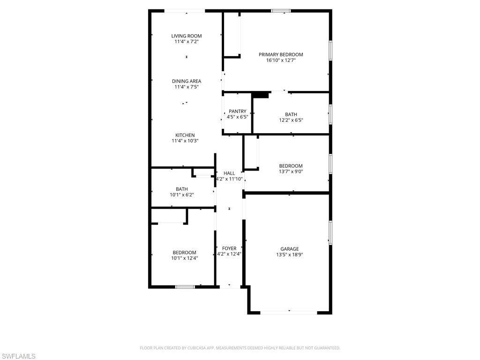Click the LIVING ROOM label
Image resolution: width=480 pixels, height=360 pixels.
pyautogui.click(x=186, y=36)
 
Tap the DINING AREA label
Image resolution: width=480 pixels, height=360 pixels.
pyautogui.click(x=186, y=81)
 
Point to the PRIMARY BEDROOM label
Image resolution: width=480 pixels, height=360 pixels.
pyautogui.click(x=281, y=54)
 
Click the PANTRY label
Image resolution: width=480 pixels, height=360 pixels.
pyautogui.click(x=237, y=111)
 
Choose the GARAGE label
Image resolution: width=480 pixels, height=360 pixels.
pyautogui.click(x=289, y=249)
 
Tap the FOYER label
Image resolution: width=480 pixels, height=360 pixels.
pyautogui.click(x=229, y=248)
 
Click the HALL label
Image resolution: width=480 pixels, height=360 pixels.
pyautogui.click(x=229, y=173)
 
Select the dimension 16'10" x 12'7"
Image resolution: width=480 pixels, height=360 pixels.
pyautogui.click(x=281, y=60)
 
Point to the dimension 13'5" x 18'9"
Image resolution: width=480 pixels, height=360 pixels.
pyautogui.click(x=289, y=255)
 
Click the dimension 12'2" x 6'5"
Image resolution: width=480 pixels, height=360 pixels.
pyautogui.click(x=291, y=120)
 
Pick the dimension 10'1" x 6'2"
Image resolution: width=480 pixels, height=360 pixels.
pyautogui.click(x=182, y=195)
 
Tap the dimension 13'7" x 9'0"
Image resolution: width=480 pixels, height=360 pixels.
pyautogui.click(x=291, y=171)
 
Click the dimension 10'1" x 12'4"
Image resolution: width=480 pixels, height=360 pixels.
pyautogui.click(x=184, y=258)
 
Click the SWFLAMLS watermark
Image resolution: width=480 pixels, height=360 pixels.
pyautogui.click(x=18, y=356)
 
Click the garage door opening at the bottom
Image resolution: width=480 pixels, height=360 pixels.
pyautogui.click(x=289, y=310)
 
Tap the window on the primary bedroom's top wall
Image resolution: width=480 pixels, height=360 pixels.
pyautogui.click(x=281, y=10)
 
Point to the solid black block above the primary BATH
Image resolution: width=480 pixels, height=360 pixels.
pyautogui.click(x=261, y=95)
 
